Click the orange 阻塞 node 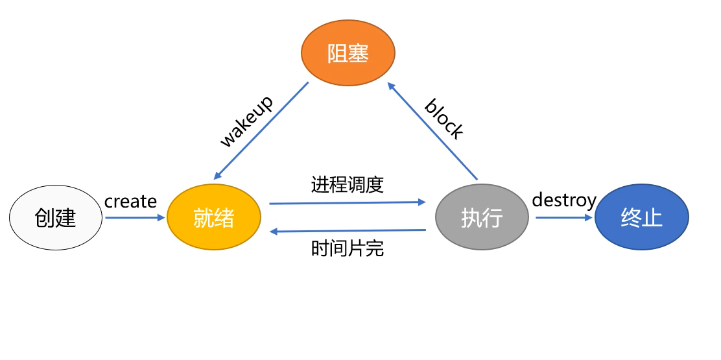pos(348,53)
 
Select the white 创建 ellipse pos(56,218)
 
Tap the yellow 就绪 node pos(213,218)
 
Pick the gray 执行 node pos(482,218)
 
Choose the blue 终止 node pos(641,218)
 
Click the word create pos(130,202)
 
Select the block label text pos(444,119)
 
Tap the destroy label pos(563,200)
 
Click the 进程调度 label pos(348,185)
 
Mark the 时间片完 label pos(348,248)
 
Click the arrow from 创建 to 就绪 pos(135,218)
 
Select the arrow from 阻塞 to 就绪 pos(261,130)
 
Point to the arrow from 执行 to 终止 pos(564,218)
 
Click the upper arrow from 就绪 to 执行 pos(348,203)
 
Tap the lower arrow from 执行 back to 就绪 pos(348,230)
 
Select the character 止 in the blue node pos(652,218)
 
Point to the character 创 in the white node pos(45,218)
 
